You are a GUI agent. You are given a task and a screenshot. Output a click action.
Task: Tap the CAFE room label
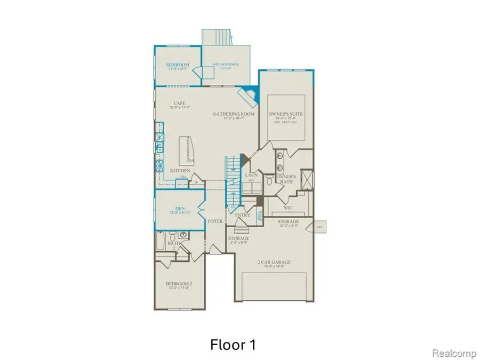pos(179,103)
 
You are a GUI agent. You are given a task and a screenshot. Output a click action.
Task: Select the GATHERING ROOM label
pos(234,114)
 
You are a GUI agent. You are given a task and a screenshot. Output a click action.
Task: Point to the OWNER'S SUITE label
pos(286,114)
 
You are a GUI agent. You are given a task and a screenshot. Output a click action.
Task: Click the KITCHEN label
pos(180,171)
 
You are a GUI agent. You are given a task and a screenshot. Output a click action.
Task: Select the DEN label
pos(179,209)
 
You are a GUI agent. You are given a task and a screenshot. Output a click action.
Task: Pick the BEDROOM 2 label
pos(178,284)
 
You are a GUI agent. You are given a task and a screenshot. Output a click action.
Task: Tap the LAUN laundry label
pos(252,175)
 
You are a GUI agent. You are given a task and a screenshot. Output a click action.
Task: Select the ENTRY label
pos(243,215)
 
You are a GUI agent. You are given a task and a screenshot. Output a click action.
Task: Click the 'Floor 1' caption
pos(233,345)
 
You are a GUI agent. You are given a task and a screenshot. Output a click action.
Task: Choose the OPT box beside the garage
pos(320,227)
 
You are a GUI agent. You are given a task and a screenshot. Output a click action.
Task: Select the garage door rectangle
pos(274,287)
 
